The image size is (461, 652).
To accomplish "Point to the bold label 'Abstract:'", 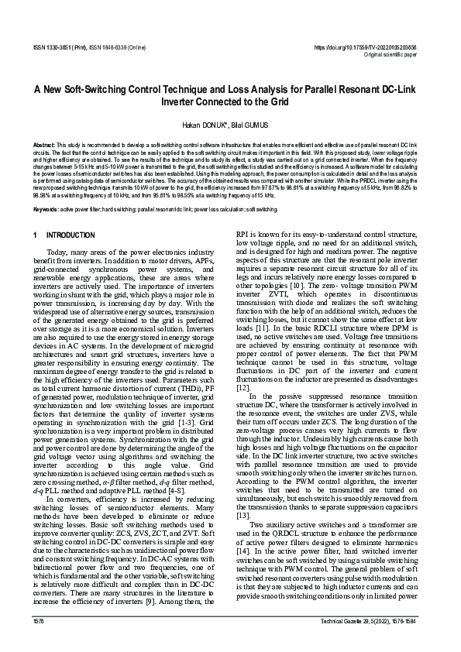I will pos(45,146).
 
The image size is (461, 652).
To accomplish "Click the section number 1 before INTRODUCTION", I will pos(35,235).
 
